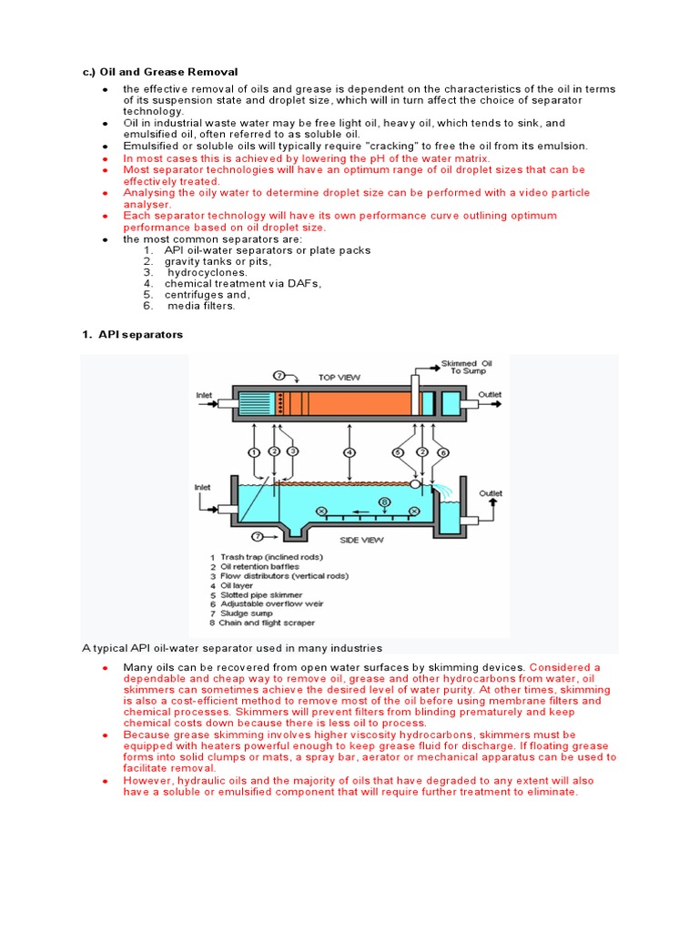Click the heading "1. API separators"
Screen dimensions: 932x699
point(132,335)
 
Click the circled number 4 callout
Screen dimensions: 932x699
point(349,451)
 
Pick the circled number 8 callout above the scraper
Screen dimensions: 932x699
point(385,501)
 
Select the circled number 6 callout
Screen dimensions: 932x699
point(443,451)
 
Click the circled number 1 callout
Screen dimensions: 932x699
point(254,451)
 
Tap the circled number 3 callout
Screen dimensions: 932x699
point(292,451)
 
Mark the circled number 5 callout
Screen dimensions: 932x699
point(398,451)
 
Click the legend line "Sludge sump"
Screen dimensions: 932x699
point(246,613)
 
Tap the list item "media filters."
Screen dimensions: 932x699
point(201,306)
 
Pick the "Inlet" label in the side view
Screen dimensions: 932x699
point(201,487)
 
